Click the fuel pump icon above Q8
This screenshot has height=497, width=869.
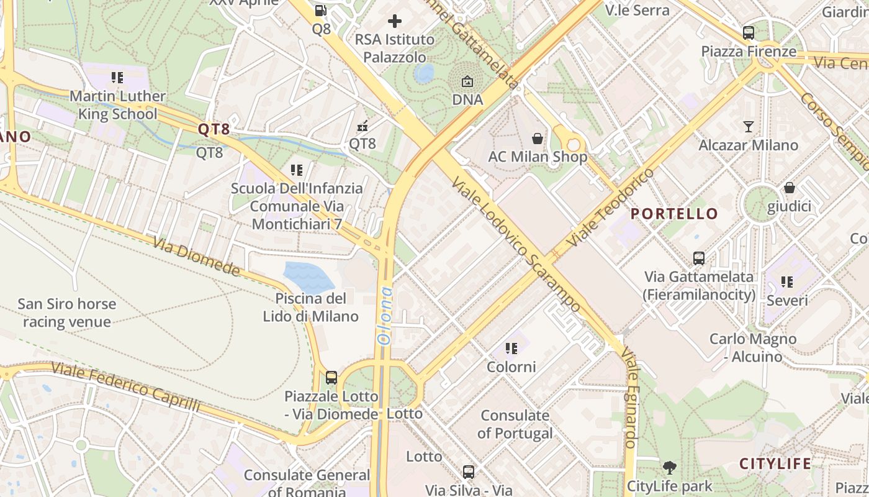[320, 10]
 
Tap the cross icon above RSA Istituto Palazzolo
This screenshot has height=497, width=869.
[394, 21]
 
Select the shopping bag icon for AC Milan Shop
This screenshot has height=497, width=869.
[537, 139]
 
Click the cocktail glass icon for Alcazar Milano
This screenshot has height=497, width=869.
[749, 127]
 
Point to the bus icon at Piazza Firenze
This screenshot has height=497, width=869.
[749, 33]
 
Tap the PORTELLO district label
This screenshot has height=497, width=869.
[674, 214]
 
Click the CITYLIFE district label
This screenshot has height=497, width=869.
[775, 463]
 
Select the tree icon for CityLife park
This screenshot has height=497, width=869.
[669, 467]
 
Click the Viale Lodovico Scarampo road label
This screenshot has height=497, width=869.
[516, 244]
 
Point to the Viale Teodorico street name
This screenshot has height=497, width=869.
[611, 207]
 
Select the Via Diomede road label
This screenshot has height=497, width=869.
[197, 257]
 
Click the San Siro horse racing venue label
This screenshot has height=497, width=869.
[66, 312]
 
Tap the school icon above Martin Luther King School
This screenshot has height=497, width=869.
[117, 78]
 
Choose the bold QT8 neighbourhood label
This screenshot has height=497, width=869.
[214, 129]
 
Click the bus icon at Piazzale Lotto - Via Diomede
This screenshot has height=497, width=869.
[331, 377]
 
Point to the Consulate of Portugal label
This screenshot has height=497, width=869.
[515, 424]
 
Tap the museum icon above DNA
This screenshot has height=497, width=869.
[467, 81]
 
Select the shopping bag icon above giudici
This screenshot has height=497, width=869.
[789, 188]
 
